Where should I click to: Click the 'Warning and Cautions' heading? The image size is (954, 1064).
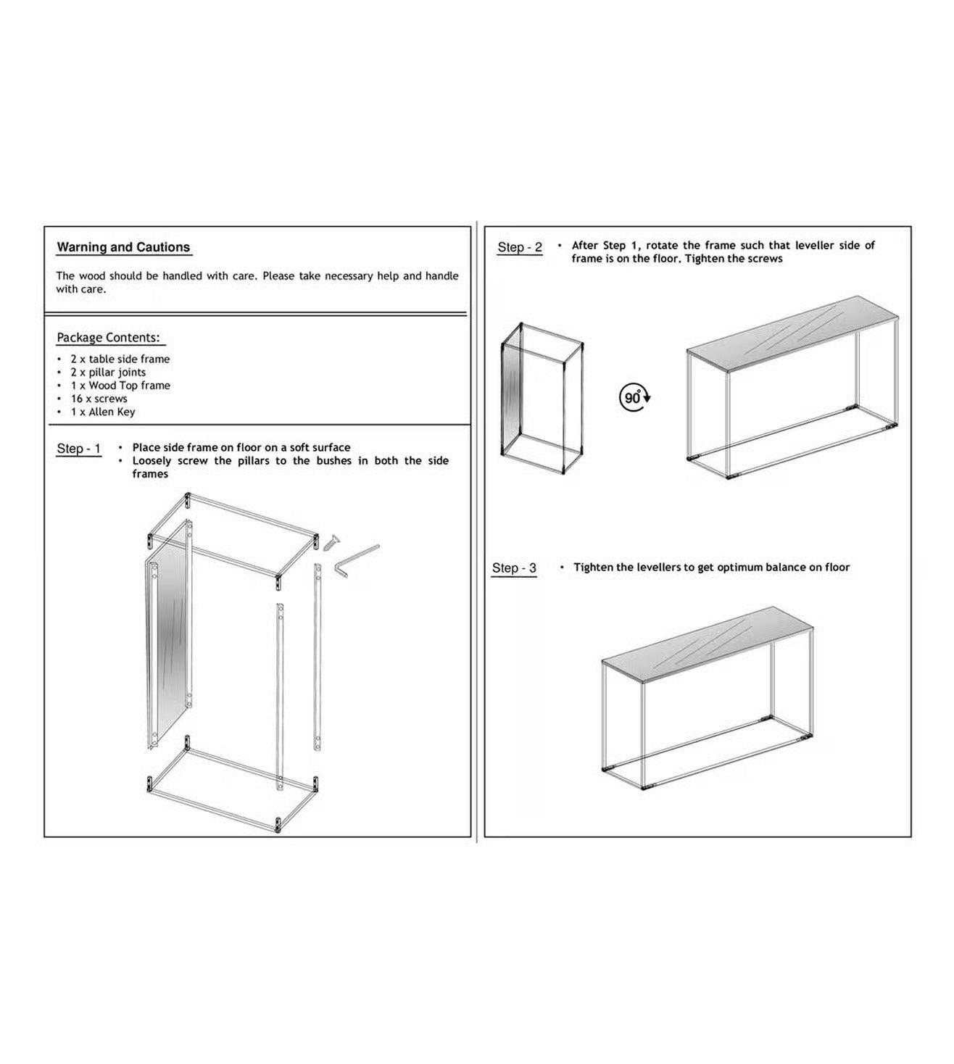tap(123, 247)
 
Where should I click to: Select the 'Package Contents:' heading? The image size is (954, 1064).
tap(108, 338)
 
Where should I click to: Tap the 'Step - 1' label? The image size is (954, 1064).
tap(78, 449)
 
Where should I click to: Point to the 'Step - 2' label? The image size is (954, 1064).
tap(520, 247)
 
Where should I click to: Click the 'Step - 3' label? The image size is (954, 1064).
tap(514, 568)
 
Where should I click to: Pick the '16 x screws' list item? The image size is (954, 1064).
tap(99, 399)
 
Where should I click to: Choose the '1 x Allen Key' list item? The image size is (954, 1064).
tap(103, 412)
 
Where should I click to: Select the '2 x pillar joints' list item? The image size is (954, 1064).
tap(108, 373)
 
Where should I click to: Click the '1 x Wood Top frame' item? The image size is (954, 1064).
tap(120, 386)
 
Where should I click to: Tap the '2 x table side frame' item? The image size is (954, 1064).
tap(120, 359)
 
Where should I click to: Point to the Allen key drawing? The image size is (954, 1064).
tap(355, 562)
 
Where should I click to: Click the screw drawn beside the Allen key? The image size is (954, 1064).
tap(331, 542)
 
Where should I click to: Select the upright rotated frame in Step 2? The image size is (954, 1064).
tap(542, 399)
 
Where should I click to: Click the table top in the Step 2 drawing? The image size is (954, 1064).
tap(792, 333)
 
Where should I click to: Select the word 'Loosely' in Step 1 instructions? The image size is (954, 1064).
tap(152, 460)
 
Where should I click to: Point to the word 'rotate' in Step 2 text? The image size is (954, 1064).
tap(662, 245)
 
